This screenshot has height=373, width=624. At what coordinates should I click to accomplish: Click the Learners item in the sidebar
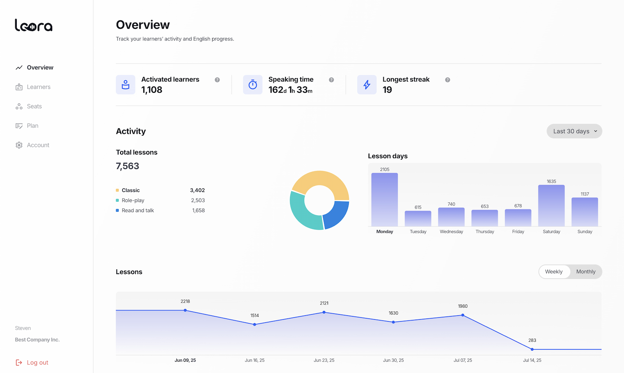coord(38,87)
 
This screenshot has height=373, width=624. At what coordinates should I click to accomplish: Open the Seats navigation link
coord(34,106)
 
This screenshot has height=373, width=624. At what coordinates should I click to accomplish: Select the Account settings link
coord(38,145)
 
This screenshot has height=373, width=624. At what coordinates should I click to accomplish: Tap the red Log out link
coord(37,362)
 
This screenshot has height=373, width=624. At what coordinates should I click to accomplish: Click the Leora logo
coord(34,25)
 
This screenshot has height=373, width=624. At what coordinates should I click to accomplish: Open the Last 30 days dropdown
coord(574,131)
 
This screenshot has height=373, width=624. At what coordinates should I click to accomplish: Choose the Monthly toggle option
coord(585,272)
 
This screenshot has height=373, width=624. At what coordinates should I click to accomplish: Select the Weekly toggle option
coord(553,272)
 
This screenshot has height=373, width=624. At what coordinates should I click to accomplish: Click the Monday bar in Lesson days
coord(385,199)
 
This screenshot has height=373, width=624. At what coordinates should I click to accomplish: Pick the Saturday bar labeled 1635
coord(551,206)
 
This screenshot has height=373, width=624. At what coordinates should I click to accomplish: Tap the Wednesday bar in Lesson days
coord(451,217)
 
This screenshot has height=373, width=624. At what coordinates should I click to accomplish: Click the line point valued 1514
coord(255,324)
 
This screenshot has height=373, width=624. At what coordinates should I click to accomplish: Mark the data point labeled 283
coord(532,349)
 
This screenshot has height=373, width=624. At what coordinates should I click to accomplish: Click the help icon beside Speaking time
coord(331,80)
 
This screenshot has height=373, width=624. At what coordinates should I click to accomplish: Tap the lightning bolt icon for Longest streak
coord(367,85)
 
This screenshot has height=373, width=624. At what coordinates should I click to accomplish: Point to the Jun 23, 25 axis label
coord(324,360)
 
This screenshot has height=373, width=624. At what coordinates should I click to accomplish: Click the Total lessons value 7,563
coord(128,166)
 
